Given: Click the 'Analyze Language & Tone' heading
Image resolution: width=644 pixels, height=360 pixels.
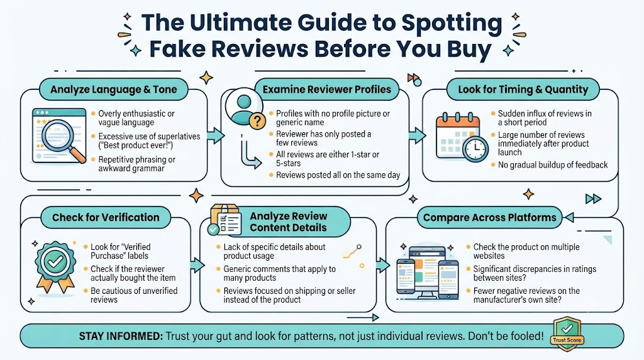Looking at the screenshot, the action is (114, 89).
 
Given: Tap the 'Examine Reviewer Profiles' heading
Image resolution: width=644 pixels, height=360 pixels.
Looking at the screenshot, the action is (327, 89).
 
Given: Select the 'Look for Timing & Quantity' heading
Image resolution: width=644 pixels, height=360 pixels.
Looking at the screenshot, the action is (523, 89).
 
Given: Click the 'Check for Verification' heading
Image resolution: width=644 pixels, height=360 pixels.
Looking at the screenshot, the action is (106, 217).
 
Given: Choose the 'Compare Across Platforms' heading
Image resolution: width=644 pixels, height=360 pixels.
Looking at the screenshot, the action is (489, 217).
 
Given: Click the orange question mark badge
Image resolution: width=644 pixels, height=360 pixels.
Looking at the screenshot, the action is (257, 121).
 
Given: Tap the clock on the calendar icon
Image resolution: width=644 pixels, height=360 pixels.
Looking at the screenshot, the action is (475, 149).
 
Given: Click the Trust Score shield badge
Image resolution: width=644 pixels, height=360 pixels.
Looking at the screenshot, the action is (567, 334).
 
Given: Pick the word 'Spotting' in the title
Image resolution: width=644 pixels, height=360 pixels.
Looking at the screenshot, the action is (452, 24).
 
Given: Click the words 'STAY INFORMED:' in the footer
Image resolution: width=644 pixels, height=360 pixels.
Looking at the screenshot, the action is (121, 336).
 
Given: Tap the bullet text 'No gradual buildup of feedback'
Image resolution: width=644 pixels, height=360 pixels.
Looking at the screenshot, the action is (553, 165).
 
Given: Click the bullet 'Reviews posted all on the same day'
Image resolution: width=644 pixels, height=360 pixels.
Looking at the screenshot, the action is (338, 175).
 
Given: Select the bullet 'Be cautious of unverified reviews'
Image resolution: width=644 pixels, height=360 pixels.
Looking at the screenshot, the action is (134, 295).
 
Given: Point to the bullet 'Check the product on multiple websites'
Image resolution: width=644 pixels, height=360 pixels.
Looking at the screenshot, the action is (526, 251).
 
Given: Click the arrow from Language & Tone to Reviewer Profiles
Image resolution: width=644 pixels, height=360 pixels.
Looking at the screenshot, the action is (215, 135).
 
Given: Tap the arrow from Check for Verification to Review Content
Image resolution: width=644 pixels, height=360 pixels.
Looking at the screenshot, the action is (197, 265).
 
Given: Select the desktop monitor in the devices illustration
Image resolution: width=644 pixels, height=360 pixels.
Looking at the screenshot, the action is (427, 272).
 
